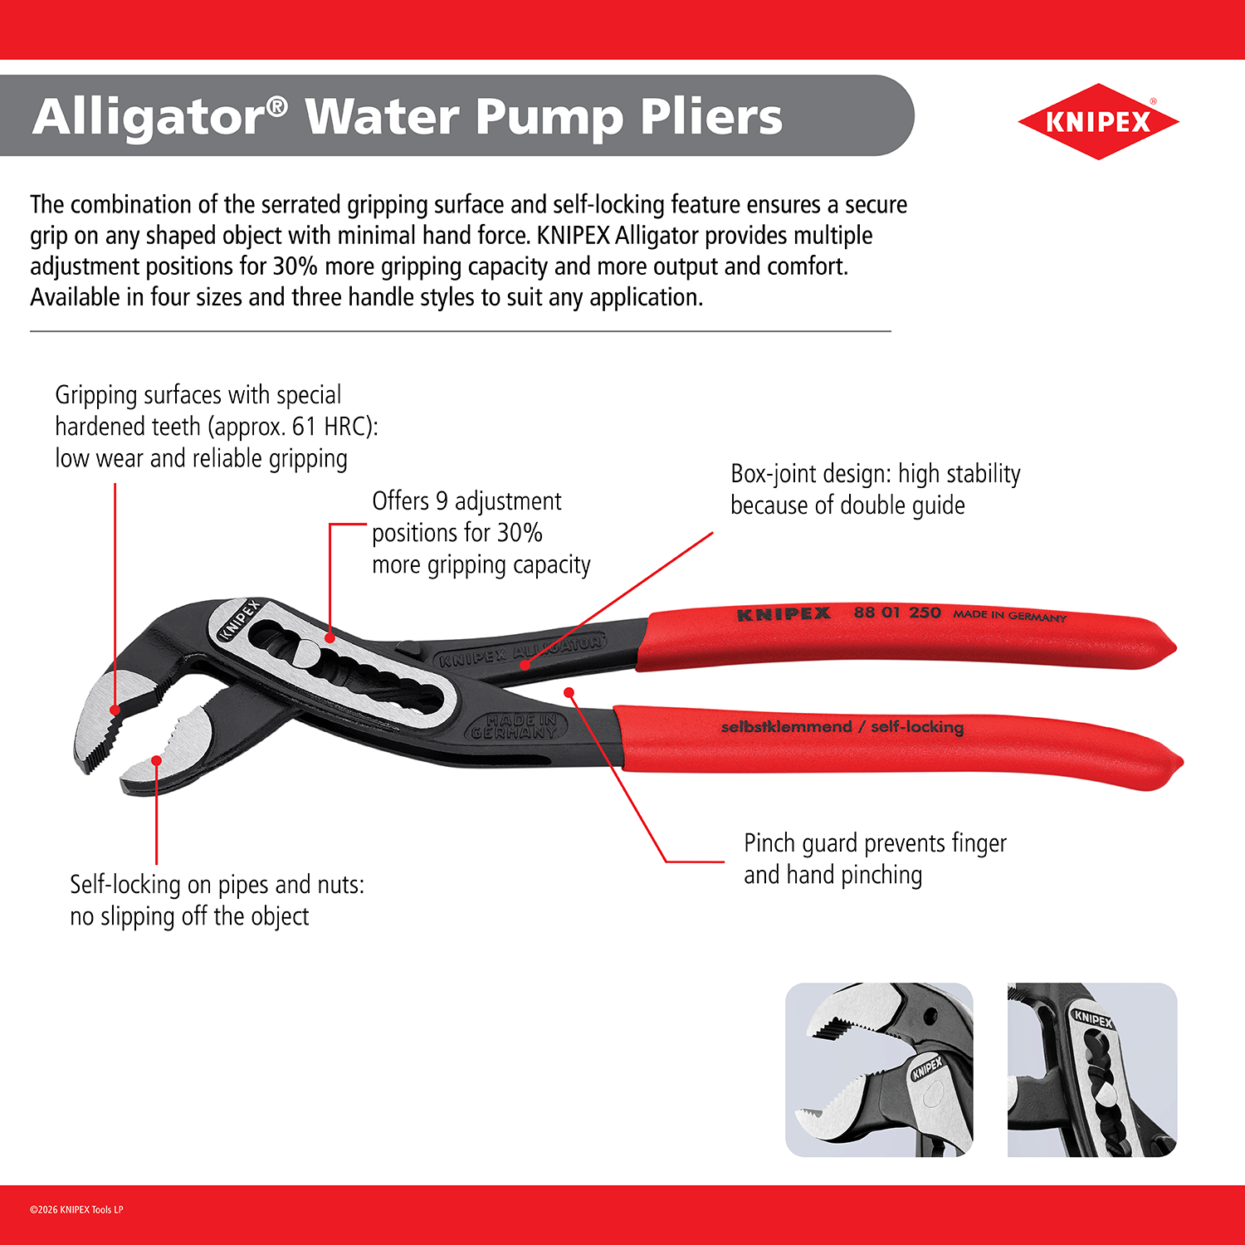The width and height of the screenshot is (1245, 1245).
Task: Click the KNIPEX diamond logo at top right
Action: click(1097, 121)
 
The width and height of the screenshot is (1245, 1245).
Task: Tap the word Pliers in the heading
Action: click(711, 116)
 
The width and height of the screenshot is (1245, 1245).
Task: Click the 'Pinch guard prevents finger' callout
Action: click(875, 843)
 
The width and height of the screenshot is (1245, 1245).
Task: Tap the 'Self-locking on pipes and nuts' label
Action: click(217, 885)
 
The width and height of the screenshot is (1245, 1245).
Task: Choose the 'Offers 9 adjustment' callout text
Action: click(466, 501)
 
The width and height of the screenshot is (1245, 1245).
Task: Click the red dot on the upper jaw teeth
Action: click(115, 710)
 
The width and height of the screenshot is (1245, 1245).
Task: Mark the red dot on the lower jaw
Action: click(156, 760)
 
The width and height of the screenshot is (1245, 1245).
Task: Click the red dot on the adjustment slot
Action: click(330, 638)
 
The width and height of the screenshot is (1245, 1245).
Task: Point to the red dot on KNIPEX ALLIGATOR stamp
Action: click(525, 665)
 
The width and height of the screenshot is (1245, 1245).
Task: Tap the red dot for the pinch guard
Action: click(569, 691)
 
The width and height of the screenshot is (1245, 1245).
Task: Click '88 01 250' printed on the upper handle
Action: click(897, 613)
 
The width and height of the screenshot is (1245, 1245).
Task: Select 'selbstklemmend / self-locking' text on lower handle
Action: click(842, 727)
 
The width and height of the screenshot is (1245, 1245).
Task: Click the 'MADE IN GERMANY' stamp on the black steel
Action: click(515, 726)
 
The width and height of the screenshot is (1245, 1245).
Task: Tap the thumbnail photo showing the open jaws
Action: click(879, 1070)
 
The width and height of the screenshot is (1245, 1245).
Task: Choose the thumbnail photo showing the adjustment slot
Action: click(1092, 1070)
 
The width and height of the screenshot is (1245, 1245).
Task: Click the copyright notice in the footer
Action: click(76, 1209)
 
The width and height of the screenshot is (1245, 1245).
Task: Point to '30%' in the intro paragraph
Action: click(295, 266)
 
